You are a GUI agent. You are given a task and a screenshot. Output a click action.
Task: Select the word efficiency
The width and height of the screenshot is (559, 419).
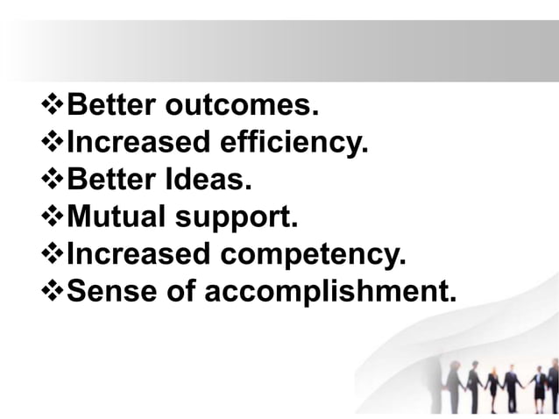click(294, 143)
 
